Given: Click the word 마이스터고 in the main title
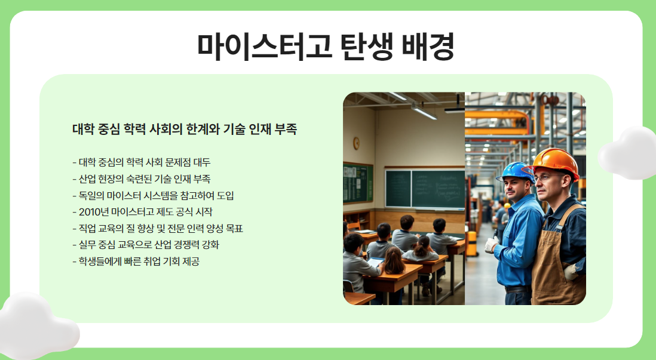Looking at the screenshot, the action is (x=265, y=46).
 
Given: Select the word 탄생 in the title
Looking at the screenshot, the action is (x=367, y=46).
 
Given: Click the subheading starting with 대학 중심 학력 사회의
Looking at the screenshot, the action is (x=185, y=129).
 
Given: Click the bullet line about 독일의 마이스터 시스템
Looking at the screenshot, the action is (x=153, y=195).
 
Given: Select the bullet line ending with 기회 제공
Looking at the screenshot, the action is (x=136, y=261).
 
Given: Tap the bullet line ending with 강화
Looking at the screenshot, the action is (x=146, y=245).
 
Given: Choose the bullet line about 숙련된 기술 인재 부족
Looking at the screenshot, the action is (x=142, y=179).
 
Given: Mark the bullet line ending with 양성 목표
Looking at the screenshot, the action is (x=158, y=228).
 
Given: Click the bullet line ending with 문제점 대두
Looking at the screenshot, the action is (x=142, y=162).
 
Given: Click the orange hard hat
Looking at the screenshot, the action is (x=551, y=163).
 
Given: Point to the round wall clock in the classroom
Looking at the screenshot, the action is (x=356, y=143).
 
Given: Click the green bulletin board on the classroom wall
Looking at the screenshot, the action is (x=358, y=183).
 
